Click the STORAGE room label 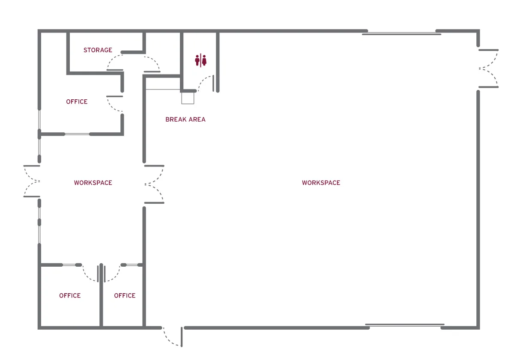point(98,50)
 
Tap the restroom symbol point(201,60)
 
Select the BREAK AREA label point(185,119)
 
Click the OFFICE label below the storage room point(77,101)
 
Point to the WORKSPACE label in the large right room point(321,183)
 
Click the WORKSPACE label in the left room point(93,183)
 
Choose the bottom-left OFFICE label point(70,295)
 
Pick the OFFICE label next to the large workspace point(125,295)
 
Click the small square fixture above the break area point(188,98)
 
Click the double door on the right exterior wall point(489,68)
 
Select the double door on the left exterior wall point(32,181)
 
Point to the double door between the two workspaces point(154,184)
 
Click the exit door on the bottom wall point(172,336)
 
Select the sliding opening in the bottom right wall point(405,325)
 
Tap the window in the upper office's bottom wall point(77,134)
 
